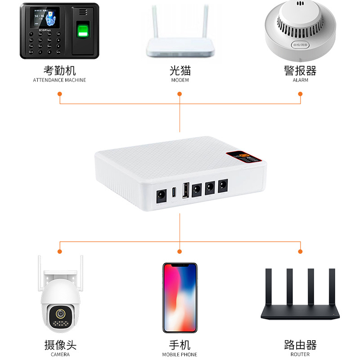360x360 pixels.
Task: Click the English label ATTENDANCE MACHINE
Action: point(59,80)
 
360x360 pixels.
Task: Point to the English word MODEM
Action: point(180,80)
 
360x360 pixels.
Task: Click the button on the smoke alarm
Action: point(300,45)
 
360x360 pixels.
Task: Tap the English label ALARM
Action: point(300,80)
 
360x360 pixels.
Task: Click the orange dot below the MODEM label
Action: point(180,94)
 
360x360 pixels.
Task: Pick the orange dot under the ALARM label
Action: point(300,94)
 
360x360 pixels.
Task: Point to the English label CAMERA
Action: point(60,355)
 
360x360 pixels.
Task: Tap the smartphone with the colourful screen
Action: point(180,297)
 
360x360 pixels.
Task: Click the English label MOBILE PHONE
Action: point(180,355)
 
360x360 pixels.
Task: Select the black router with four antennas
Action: point(300,297)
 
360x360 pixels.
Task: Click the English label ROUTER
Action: point(300,355)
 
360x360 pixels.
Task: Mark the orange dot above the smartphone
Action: point(180,251)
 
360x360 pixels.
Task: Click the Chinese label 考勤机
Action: point(59,71)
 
